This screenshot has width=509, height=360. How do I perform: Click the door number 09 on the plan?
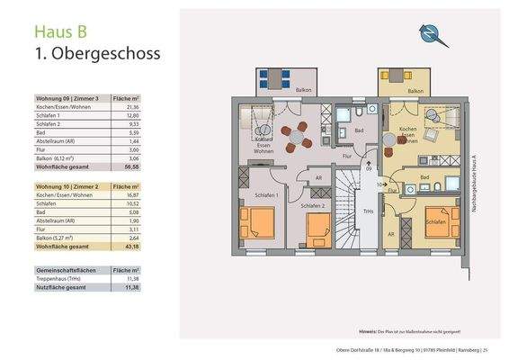(369, 167)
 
